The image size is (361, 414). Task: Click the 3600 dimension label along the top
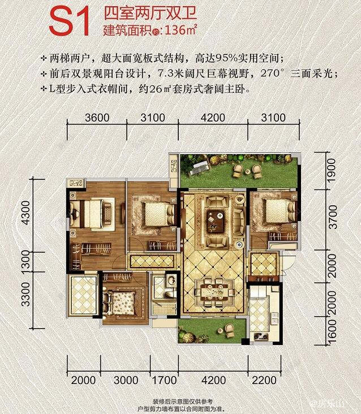96,118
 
